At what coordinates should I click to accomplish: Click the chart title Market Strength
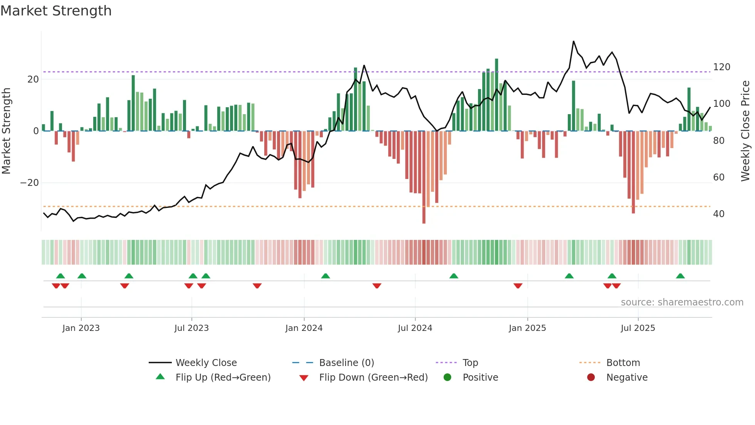coord(56,11)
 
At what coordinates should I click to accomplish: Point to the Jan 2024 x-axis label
coord(304,328)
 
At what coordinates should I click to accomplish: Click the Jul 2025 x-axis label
coord(638,328)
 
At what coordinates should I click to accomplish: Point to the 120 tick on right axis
coord(721,67)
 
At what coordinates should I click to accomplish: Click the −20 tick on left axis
coord(30,183)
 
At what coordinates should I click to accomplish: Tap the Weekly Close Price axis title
coord(745,131)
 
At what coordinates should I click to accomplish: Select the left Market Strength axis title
coord(6,131)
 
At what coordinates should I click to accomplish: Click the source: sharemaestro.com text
coord(682,302)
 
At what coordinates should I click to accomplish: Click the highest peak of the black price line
coord(573,41)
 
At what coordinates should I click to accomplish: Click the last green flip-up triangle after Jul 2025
coord(680,276)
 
